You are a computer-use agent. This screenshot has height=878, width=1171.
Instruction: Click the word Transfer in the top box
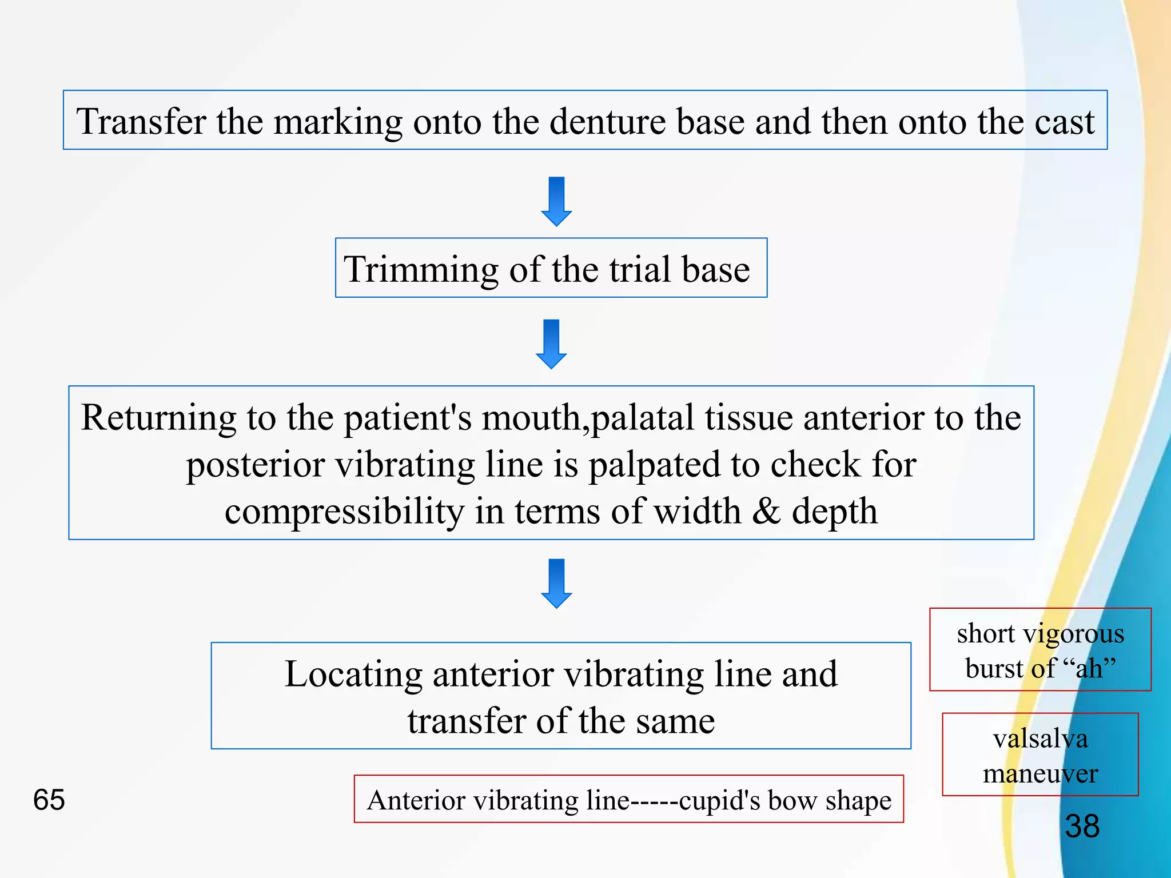pos(141,122)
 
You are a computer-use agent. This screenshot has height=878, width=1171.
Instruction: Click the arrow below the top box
pos(556,201)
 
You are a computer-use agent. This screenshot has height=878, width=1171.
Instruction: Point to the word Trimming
pos(421,269)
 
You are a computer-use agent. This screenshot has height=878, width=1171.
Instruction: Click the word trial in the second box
pos(640,269)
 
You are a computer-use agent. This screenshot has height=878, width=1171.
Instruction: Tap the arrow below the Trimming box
pos(551,344)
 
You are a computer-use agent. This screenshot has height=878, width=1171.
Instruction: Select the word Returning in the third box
pos(158,417)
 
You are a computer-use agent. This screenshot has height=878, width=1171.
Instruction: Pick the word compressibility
pos(344,511)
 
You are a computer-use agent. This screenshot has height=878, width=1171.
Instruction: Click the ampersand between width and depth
pos(766,511)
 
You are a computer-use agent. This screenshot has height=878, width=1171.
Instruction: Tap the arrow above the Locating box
pos(556,583)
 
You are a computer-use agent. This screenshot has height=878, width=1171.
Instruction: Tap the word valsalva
pos(1040,739)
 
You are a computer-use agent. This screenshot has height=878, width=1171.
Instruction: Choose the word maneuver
pos(1040,773)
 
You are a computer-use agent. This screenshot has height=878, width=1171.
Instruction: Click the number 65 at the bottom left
pos(49,800)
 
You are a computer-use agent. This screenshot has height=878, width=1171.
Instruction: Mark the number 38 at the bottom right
pos(1082,826)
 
